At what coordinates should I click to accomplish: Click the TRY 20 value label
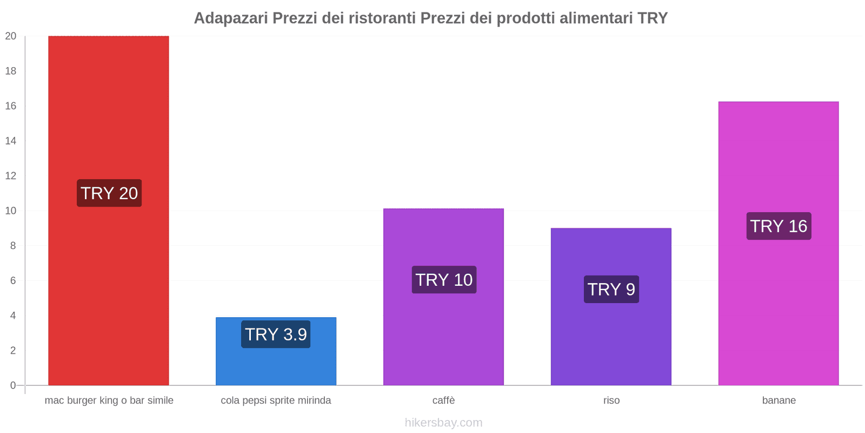click(x=109, y=193)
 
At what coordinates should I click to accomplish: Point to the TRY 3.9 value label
click(x=276, y=334)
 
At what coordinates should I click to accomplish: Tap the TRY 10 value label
click(x=444, y=280)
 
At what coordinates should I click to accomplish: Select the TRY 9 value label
click(x=611, y=290)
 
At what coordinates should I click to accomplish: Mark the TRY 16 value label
click(x=778, y=226)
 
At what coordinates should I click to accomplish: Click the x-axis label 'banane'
click(x=778, y=401)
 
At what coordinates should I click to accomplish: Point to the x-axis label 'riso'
click(x=611, y=401)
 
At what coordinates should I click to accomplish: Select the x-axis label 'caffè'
click(x=443, y=401)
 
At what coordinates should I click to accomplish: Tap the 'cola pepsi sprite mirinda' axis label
click(x=276, y=401)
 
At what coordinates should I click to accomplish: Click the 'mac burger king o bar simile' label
click(x=109, y=401)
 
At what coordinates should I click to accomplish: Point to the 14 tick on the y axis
click(x=11, y=141)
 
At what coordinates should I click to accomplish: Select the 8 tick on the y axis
click(x=13, y=246)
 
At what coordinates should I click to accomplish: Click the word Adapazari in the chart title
click(x=231, y=18)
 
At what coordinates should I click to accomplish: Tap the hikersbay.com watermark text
click(x=443, y=423)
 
